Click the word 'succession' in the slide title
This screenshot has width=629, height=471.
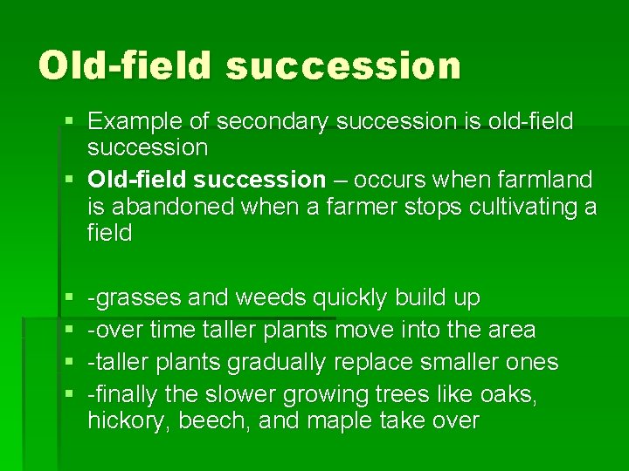(x=342, y=65)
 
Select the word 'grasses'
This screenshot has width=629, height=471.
(x=139, y=298)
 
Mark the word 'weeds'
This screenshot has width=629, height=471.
(x=270, y=298)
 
